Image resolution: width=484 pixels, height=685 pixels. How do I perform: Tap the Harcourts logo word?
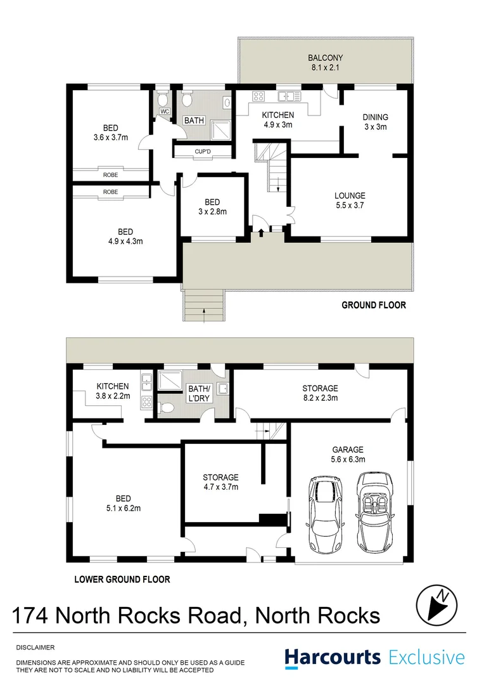tap(333, 658)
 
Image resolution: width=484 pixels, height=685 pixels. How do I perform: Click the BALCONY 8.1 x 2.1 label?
tap(324, 62)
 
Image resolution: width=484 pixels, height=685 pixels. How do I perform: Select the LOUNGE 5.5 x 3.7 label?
tap(350, 200)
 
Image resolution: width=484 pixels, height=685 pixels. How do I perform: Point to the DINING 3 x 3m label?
tap(375, 122)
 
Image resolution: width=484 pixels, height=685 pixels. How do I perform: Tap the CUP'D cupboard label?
tap(203, 151)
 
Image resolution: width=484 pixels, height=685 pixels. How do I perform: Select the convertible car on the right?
tap(376, 512)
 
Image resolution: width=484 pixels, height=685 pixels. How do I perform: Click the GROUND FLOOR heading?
tap(374, 305)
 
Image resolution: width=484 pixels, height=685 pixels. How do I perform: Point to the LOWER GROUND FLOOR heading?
tap(122, 579)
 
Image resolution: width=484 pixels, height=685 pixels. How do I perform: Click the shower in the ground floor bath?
tap(219, 128)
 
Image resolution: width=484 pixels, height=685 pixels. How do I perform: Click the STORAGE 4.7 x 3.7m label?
tap(220, 482)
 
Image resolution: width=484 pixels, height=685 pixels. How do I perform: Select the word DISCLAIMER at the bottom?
tap(35, 648)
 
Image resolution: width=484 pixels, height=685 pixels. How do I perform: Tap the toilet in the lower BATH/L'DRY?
tap(167, 407)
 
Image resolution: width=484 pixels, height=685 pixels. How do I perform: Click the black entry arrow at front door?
tap(261, 235)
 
